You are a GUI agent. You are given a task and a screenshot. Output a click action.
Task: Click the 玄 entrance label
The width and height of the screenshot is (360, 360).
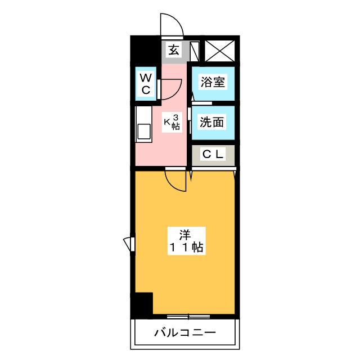[x=174, y=50]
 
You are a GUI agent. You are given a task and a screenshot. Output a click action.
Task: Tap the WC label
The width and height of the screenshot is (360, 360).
[x=146, y=84]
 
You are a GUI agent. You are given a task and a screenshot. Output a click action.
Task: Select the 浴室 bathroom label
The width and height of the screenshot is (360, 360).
[x=213, y=82]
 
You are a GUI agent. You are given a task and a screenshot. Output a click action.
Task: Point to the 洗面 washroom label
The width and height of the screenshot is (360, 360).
[x=211, y=122]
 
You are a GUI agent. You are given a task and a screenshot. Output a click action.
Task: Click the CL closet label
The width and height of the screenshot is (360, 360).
[x=213, y=154]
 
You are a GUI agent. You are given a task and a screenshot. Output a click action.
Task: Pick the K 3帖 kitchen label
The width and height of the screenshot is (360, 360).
[x=172, y=122]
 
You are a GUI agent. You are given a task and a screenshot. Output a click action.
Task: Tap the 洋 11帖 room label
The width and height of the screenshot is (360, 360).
[x=186, y=241]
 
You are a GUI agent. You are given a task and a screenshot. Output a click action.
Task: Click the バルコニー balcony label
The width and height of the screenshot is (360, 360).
[x=185, y=332]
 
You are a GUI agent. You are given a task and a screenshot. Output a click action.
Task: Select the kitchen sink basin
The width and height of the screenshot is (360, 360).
[x=144, y=132]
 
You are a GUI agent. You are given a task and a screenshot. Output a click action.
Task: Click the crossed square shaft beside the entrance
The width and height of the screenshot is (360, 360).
[x=220, y=51]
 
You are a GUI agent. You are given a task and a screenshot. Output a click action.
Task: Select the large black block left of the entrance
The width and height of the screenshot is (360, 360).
[x=145, y=50]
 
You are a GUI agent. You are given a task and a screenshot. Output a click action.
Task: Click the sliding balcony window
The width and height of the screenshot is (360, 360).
[x=188, y=317]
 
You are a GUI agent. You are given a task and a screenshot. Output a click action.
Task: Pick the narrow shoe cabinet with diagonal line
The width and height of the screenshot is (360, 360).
[x=195, y=51]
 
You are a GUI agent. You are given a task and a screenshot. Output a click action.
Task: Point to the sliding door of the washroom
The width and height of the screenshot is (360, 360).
[x=189, y=120]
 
